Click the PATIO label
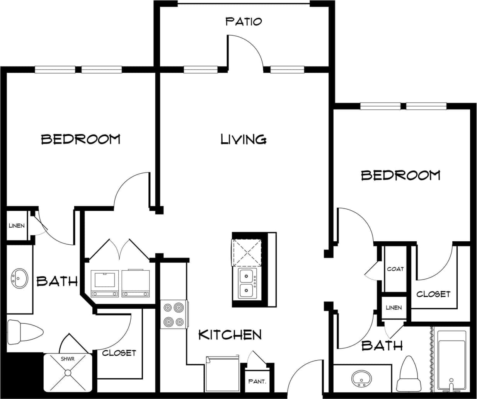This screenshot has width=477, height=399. [244, 21]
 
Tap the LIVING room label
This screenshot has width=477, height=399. [244, 139]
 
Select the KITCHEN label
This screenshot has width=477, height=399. [230, 334]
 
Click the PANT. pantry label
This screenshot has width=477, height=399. [257, 381]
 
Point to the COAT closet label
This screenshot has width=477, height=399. [395, 269]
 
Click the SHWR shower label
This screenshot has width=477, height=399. [68, 359]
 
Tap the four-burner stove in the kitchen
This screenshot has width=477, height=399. [174, 314]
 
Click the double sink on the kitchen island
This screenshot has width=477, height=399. [246, 283]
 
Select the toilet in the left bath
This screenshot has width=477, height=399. [25, 331]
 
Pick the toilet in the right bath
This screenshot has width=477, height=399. [409, 374]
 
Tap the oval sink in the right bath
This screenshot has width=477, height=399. [362, 378]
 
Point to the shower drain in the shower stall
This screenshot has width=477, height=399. [68, 373]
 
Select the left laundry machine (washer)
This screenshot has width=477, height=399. [105, 283]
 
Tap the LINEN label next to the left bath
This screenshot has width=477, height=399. [17, 225]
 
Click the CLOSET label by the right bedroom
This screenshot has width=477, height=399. [433, 294]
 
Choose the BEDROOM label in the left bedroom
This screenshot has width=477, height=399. [81, 139]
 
